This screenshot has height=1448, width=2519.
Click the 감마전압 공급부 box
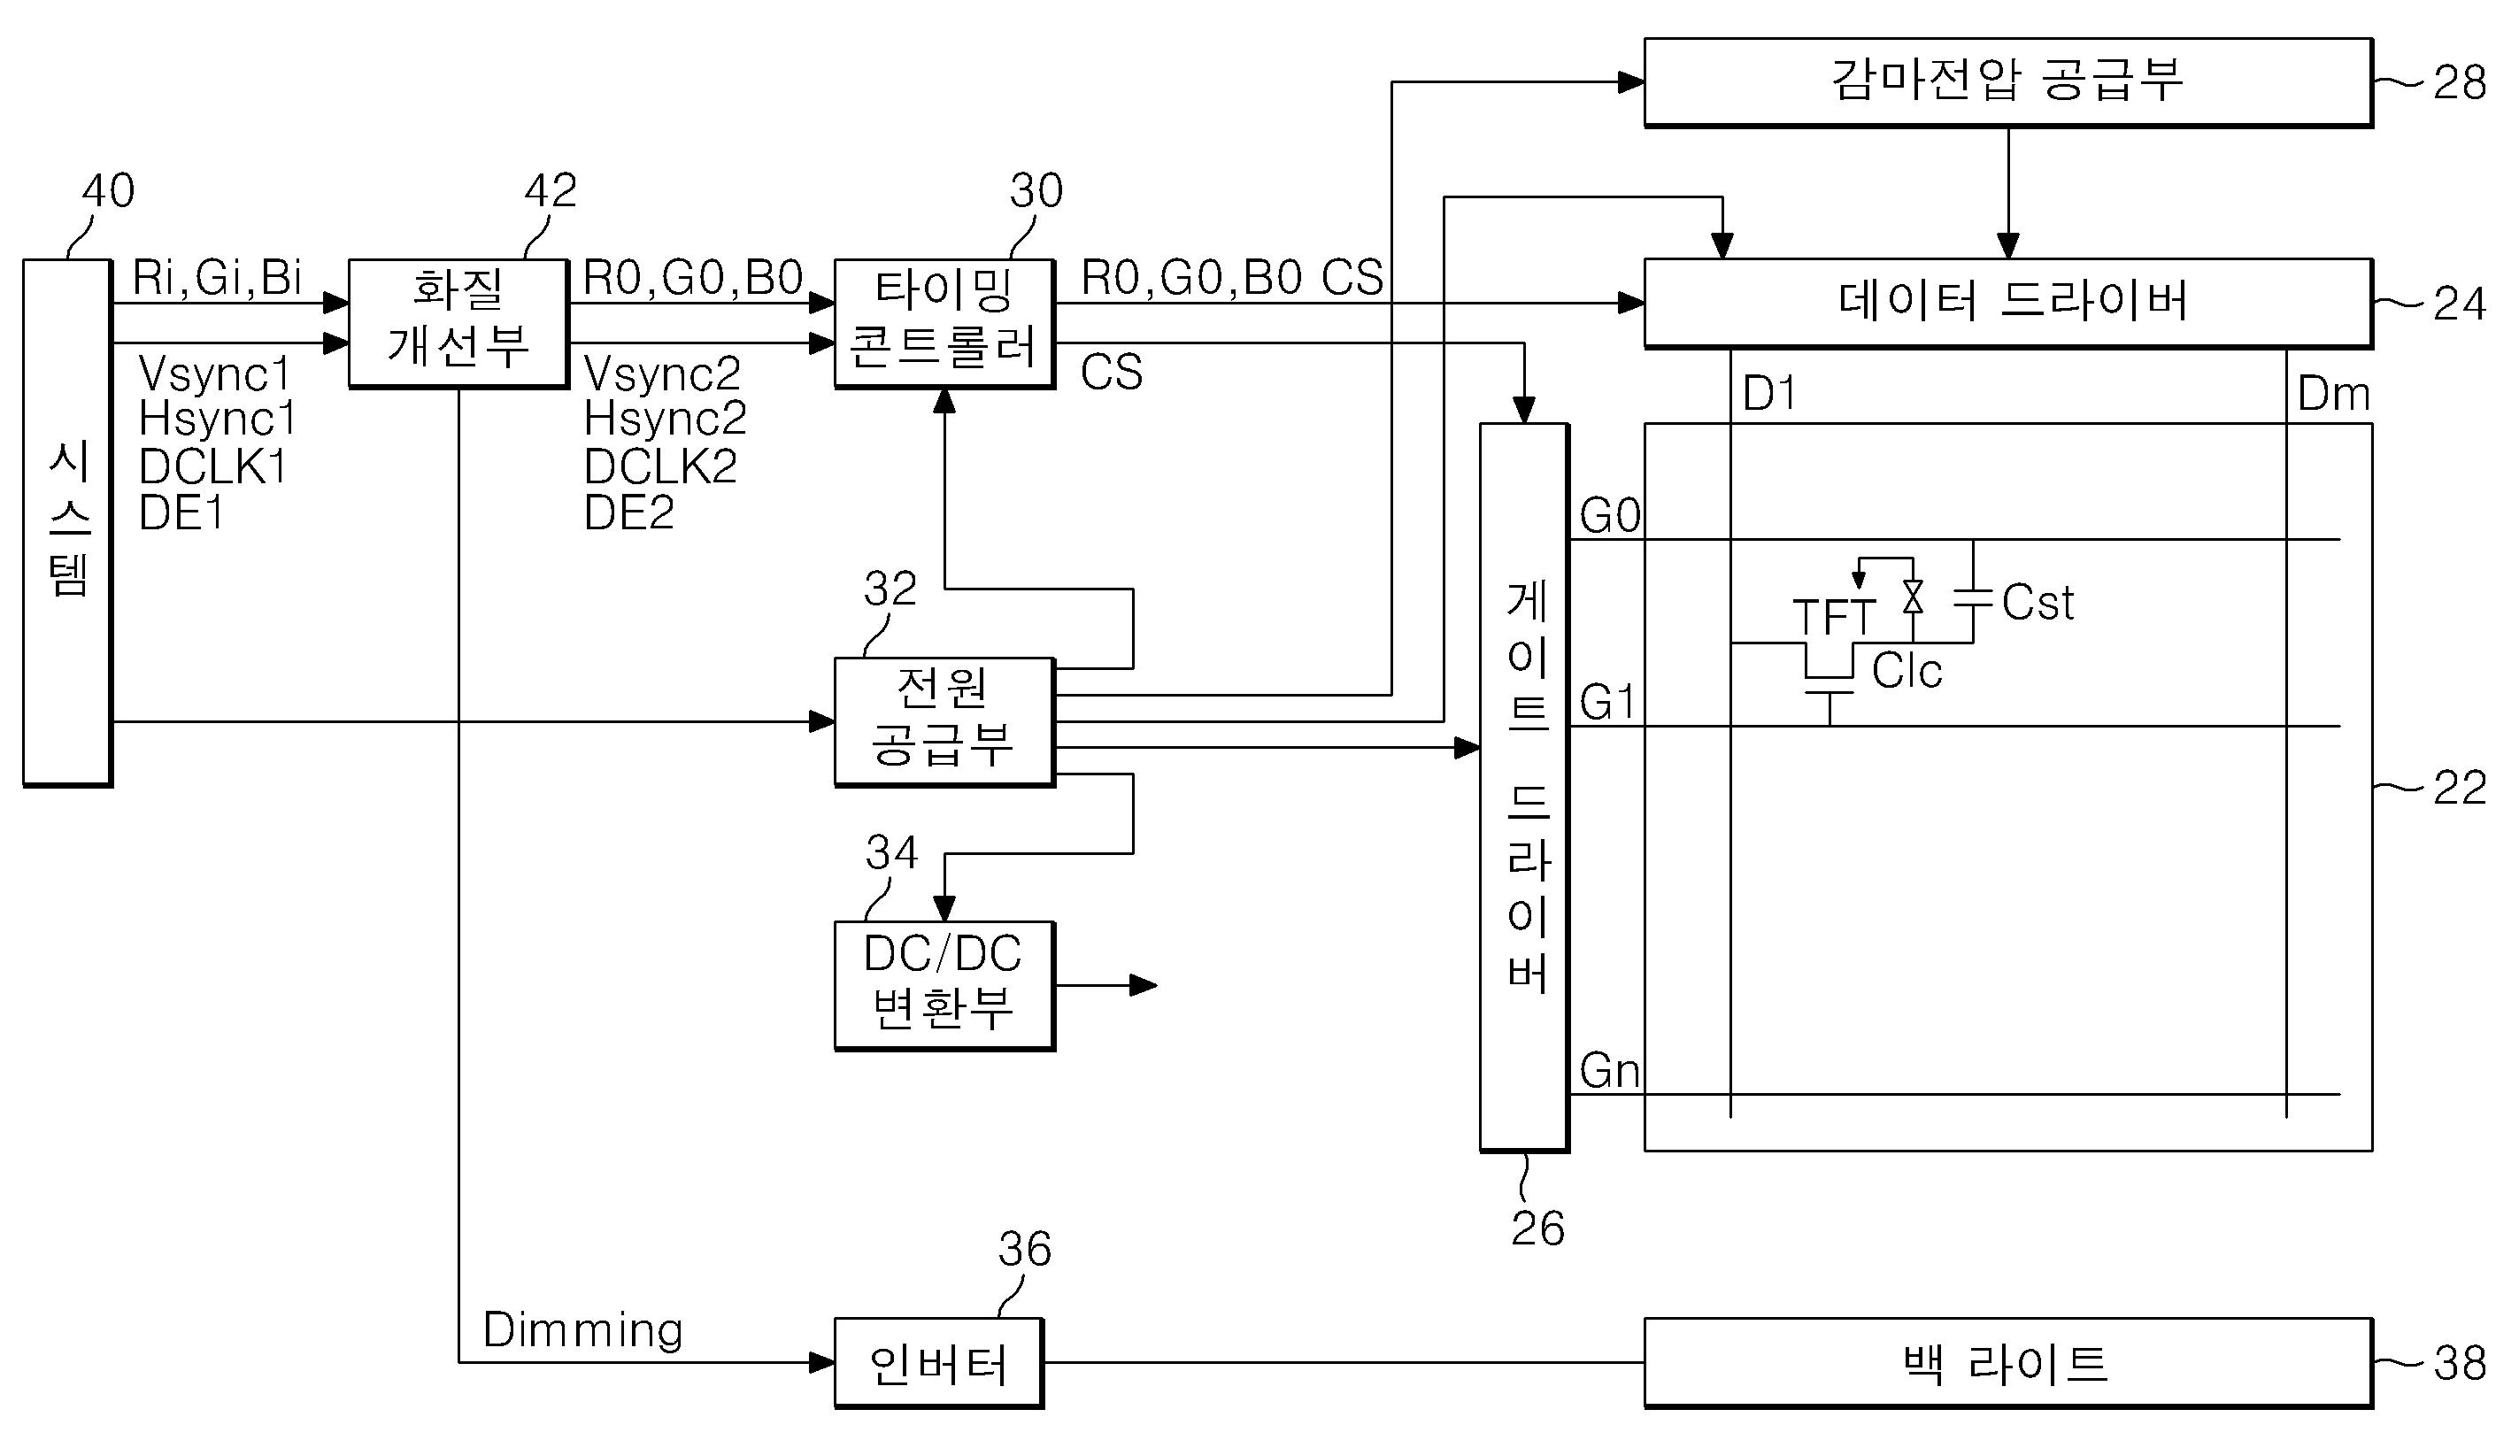tap(2007, 82)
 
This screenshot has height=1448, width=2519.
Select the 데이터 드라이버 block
tap(2007, 304)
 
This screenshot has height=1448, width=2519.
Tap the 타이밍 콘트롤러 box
tap(944, 323)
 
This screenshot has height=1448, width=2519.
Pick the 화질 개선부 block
tap(458, 323)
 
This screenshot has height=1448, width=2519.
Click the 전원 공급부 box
tap(944, 722)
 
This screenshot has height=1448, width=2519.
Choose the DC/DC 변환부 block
tap(944, 986)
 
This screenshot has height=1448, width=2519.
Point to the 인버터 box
tap(939, 1362)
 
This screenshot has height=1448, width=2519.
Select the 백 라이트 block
tap(2007, 1362)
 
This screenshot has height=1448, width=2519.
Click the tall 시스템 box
tap(67, 523)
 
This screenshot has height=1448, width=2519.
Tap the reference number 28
tap(2460, 82)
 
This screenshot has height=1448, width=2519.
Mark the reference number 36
tap(1024, 1249)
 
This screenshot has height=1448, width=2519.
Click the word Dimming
tap(582, 1330)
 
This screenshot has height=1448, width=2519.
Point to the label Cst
tap(2038, 603)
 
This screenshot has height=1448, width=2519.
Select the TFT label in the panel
tap(1834, 618)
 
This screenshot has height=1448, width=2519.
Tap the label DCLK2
tap(660, 466)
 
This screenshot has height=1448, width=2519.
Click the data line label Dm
tap(2333, 395)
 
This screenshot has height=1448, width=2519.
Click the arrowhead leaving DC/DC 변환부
tap(1144, 986)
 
